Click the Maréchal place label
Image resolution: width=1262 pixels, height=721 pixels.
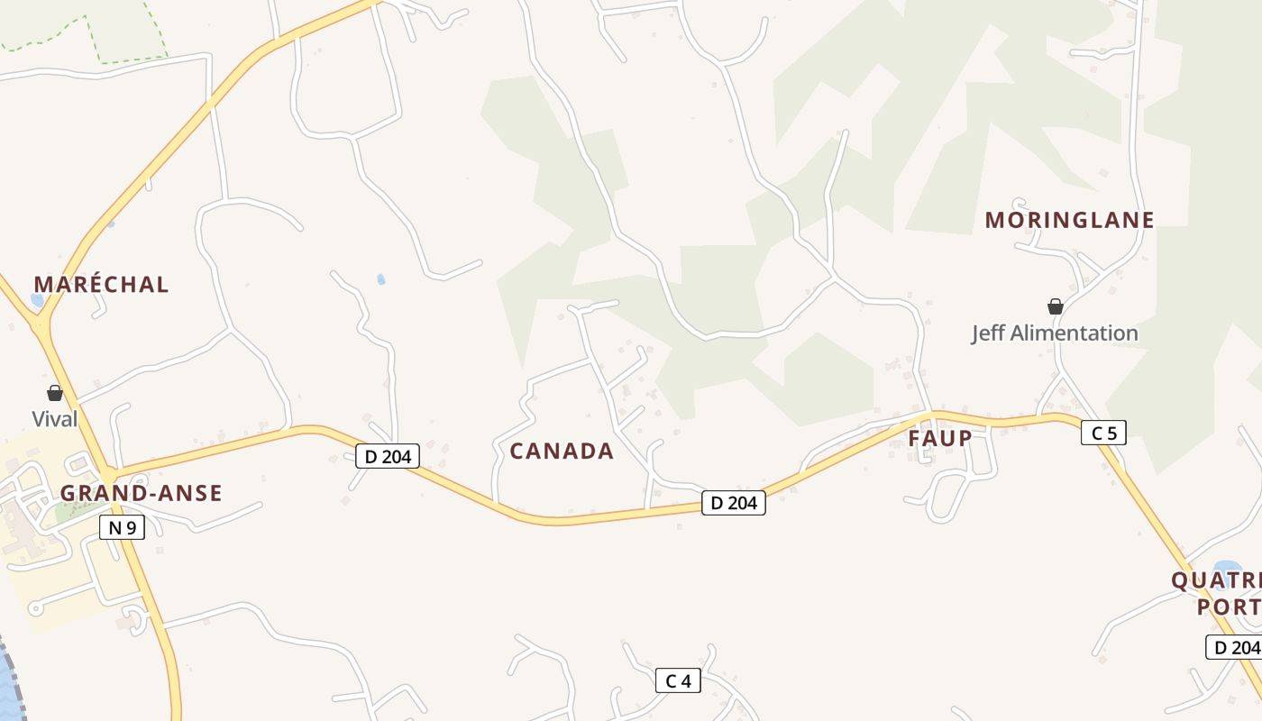(x=101, y=285)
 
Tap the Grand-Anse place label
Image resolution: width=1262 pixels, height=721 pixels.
(x=141, y=493)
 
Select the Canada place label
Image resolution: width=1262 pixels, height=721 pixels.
(x=562, y=451)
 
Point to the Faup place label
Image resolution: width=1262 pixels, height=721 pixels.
(x=940, y=439)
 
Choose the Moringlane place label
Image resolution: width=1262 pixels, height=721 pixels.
(x=1069, y=220)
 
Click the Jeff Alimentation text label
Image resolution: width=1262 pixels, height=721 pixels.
(x=1055, y=333)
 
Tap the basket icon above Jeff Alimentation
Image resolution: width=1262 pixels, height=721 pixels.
(x=1056, y=306)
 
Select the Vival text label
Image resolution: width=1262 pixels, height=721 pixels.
(x=55, y=419)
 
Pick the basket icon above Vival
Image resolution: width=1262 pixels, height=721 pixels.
(x=55, y=393)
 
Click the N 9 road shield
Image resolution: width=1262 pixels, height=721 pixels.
(x=122, y=527)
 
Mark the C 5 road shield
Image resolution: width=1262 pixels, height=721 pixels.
(x=1103, y=433)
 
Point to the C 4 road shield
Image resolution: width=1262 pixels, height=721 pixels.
(x=678, y=680)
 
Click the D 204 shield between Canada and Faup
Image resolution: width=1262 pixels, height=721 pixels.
(x=734, y=503)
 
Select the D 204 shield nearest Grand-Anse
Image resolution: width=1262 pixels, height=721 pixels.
(x=389, y=456)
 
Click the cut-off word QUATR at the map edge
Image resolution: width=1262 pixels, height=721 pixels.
(x=1216, y=580)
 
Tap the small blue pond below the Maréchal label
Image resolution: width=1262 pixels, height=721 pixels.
(x=37, y=300)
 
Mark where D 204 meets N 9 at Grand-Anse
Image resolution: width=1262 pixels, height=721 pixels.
(x=108, y=475)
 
